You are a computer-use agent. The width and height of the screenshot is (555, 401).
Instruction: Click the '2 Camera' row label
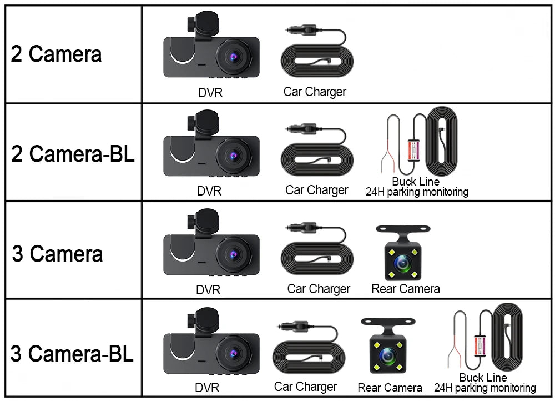pyautogui.click(x=57, y=54)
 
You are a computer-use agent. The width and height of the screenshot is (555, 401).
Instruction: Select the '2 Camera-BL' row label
pyautogui.click(x=73, y=154)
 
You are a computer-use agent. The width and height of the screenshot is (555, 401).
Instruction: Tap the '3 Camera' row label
pyautogui.click(x=57, y=254)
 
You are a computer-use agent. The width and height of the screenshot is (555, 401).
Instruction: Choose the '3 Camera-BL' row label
pyautogui.click(x=72, y=353)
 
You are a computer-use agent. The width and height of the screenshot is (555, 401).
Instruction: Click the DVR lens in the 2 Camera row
pyautogui.click(x=233, y=56)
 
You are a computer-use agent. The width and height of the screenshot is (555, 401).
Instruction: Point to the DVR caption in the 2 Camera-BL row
pyautogui.click(x=209, y=191)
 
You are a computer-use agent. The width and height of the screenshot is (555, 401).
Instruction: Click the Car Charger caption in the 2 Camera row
pyautogui.click(x=315, y=92)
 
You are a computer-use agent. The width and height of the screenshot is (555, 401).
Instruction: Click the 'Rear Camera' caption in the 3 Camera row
pyautogui.click(x=405, y=289)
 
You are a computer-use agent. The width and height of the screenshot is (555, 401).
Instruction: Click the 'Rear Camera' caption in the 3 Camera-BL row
pyautogui.click(x=390, y=388)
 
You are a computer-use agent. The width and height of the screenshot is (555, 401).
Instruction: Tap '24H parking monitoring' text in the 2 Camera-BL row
pyautogui.click(x=417, y=192)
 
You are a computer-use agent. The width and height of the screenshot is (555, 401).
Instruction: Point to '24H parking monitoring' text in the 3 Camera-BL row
pyautogui.click(x=485, y=388)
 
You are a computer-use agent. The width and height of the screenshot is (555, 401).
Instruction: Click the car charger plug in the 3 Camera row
pyautogui.click(x=300, y=228)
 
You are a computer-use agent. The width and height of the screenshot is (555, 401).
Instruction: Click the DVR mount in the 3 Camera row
pyautogui.click(x=201, y=218)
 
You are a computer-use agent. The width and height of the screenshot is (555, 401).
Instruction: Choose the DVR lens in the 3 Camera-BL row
pyautogui.click(x=233, y=353)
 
